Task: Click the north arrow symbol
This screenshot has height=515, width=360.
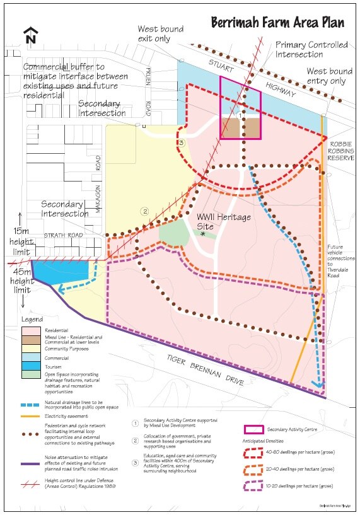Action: pyautogui.click(x=29, y=35)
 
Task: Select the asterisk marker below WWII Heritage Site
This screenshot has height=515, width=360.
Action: pyautogui.click(x=203, y=234)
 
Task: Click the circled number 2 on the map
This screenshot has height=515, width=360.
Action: pyautogui.click(x=144, y=211)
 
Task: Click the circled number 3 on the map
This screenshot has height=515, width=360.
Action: pyautogui.click(x=181, y=144)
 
